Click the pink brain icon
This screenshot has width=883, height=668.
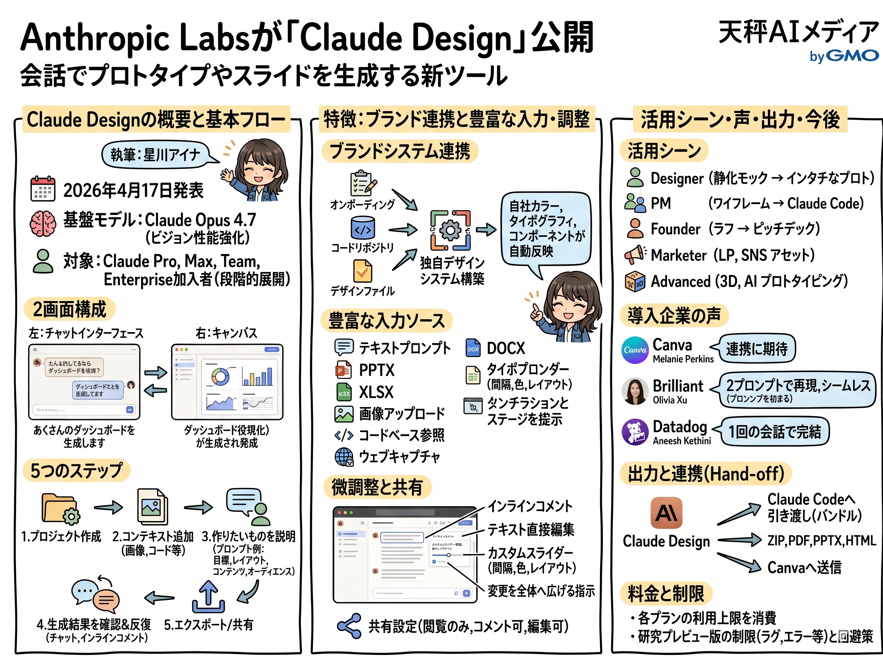(43, 223)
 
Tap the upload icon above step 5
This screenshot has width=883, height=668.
(208, 596)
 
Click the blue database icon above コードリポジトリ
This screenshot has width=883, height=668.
(363, 228)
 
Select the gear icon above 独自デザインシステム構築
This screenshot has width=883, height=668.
(450, 230)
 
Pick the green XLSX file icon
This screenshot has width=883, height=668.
(343, 392)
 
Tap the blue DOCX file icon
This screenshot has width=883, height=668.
(473, 348)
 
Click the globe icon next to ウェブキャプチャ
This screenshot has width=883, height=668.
(344, 457)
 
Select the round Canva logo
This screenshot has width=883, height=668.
(635, 350)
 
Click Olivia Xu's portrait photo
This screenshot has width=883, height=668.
(635, 391)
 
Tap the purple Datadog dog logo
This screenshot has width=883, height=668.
(635, 432)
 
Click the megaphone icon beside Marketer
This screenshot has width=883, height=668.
(635, 255)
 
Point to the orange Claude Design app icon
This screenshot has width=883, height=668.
(666, 513)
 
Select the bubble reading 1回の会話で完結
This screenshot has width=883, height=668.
(775, 432)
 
